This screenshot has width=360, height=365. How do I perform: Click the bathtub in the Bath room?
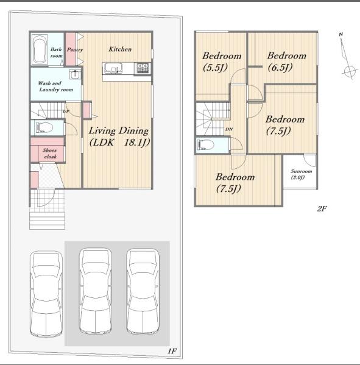(x=39, y=49)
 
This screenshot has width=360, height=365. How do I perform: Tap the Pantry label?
(x=75, y=49)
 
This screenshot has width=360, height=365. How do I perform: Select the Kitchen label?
(x=120, y=49)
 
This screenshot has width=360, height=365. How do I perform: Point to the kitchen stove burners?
(x=143, y=68)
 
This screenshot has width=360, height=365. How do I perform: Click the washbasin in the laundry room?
(x=75, y=74)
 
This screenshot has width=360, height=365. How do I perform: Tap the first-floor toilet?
(x=44, y=127)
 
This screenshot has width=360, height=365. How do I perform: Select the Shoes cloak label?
(x=49, y=154)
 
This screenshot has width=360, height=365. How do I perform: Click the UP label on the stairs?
(x=66, y=112)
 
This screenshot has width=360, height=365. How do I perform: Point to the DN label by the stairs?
(x=229, y=129)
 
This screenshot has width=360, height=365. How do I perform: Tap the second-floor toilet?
(x=205, y=145)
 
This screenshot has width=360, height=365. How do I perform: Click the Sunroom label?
(x=301, y=174)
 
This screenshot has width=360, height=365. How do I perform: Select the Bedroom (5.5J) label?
(x=222, y=62)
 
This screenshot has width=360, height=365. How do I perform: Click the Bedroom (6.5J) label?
(x=286, y=62)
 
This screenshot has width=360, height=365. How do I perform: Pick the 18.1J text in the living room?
(x=136, y=142)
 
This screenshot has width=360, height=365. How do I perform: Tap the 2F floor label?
(x=322, y=208)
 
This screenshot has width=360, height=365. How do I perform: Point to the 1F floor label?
(x=172, y=351)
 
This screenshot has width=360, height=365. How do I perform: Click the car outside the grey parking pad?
(x=46, y=294)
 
